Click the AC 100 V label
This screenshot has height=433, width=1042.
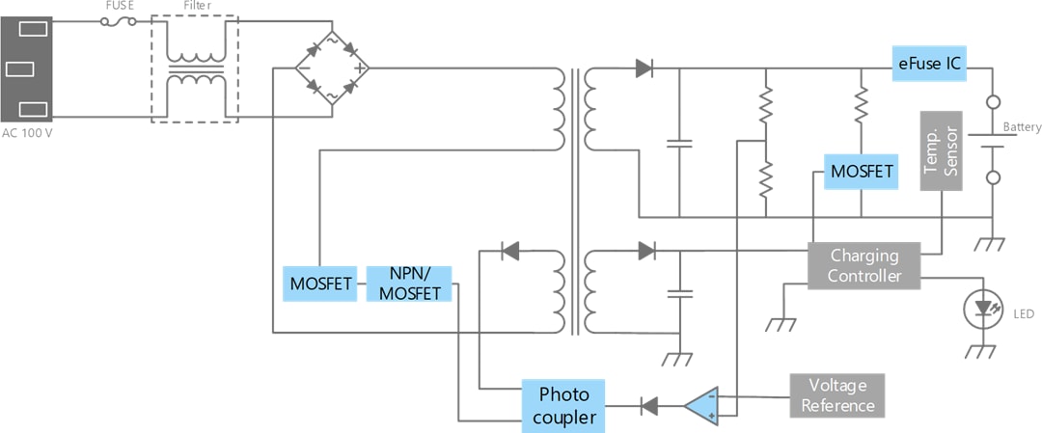(x=26, y=132)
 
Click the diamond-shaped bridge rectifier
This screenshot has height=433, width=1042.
(x=332, y=68)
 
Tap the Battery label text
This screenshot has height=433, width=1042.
(x=1022, y=127)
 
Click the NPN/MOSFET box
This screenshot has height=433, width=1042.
(x=410, y=284)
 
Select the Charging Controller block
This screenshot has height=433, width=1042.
(x=864, y=265)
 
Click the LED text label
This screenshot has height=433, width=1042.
(x=1023, y=314)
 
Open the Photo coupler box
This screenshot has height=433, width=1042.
(x=563, y=406)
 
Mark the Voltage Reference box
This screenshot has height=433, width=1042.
(x=836, y=394)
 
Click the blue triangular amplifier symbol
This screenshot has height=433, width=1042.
(x=703, y=406)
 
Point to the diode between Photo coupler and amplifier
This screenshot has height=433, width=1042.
(x=649, y=406)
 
